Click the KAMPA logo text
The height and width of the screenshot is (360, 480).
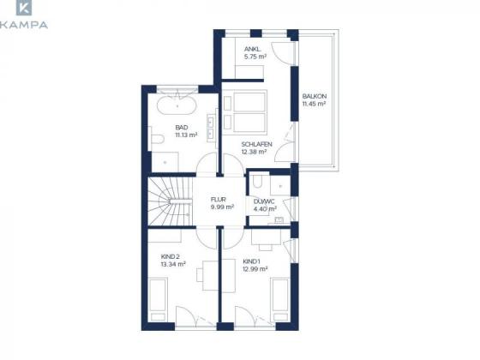point(24,25)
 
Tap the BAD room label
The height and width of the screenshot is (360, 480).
point(182,128)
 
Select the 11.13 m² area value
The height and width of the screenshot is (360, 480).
point(186,135)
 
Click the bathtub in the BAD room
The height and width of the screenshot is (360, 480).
point(177,106)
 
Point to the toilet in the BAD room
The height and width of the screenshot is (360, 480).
point(157,139)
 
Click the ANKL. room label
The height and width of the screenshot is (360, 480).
point(252,49)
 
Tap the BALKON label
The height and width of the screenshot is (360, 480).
point(315,96)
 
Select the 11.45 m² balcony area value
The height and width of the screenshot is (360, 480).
point(314,104)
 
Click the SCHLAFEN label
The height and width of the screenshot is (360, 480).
point(257,144)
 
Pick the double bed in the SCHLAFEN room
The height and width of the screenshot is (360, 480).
point(250,111)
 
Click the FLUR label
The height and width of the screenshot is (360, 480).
point(219,200)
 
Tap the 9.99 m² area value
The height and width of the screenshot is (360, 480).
point(222,207)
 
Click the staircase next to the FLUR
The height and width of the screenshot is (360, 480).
point(171,201)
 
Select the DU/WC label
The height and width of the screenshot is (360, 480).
point(264,201)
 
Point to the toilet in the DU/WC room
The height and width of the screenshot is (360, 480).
point(258,181)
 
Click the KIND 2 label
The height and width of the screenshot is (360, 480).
point(171,256)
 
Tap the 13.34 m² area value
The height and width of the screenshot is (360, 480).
point(173,264)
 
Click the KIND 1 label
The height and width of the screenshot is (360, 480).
point(251,261)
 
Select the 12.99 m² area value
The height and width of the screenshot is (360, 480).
point(255,269)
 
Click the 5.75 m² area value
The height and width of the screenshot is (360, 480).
point(255,57)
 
